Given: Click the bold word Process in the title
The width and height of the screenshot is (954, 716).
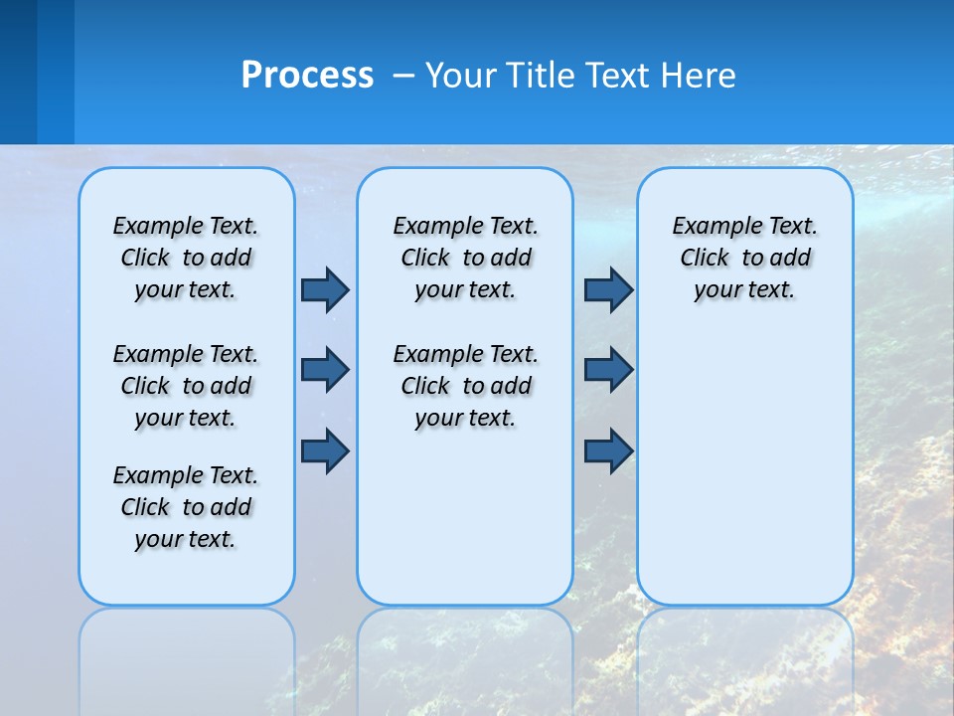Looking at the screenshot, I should pyautogui.click(x=307, y=76).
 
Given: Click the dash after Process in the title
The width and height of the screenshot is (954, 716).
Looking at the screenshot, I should pyautogui.click(x=402, y=77).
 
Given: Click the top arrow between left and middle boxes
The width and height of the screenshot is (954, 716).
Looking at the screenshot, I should pyautogui.click(x=325, y=289).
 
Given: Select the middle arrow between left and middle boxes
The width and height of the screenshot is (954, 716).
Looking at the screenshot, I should pyautogui.click(x=325, y=370).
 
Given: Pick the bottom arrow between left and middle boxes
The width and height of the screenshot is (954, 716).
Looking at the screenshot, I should pyautogui.click(x=325, y=451).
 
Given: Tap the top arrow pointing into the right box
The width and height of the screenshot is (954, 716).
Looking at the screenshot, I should pyautogui.click(x=608, y=289).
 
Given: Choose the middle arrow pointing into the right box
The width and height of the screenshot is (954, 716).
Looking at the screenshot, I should pyautogui.click(x=608, y=370).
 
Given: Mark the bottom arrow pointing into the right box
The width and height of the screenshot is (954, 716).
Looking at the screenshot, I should pyautogui.click(x=608, y=451).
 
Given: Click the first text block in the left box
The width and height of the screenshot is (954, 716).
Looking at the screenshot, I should pyautogui.click(x=186, y=258).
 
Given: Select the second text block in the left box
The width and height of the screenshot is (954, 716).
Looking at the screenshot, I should pyautogui.click(x=186, y=386).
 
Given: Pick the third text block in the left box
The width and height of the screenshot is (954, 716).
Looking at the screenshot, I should pyautogui.click(x=186, y=507).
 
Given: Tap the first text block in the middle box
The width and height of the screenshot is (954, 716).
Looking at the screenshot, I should pyautogui.click(x=465, y=258).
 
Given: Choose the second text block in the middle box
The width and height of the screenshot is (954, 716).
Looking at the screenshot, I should pyautogui.click(x=465, y=386).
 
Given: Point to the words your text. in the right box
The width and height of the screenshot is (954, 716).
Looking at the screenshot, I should pyautogui.click(x=744, y=290).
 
